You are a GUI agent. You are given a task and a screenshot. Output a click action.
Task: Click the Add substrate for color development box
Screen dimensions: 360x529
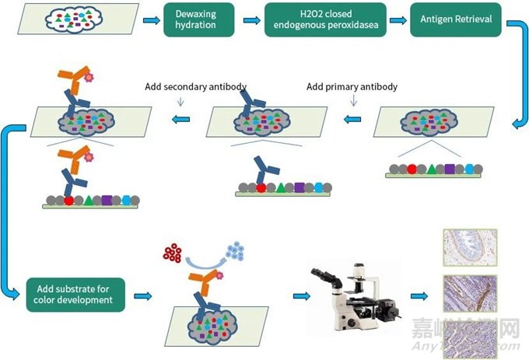[75, 294]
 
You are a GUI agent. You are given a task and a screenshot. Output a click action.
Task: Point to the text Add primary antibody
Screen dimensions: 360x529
[352, 86]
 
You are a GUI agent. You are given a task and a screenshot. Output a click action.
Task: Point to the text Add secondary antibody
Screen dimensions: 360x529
[190, 86]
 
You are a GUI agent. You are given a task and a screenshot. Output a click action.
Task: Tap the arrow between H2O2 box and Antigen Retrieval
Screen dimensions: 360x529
[395, 19]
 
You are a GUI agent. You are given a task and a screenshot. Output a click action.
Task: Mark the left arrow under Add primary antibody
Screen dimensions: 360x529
[353, 120]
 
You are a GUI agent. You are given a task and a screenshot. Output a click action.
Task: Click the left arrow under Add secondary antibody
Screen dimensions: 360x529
[181, 120]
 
